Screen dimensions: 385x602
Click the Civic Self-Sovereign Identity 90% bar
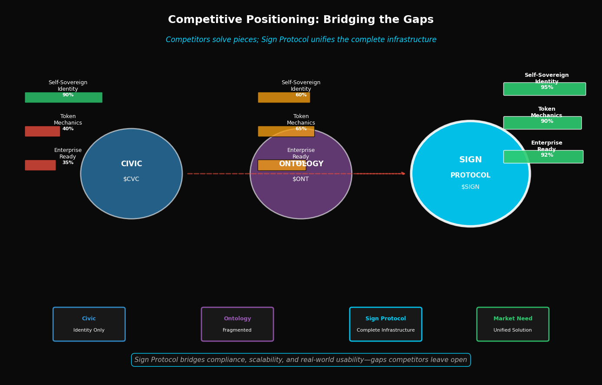click(63, 98)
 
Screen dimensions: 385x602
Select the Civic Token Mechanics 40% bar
click(42, 132)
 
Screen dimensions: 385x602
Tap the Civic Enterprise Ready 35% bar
click(40, 165)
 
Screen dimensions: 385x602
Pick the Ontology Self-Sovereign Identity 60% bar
click(284, 98)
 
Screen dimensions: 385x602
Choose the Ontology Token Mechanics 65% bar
click(286, 132)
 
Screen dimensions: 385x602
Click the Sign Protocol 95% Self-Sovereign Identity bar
click(544, 89)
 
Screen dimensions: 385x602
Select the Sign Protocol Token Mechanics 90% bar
click(542, 123)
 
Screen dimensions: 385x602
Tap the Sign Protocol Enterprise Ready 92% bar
click(543, 157)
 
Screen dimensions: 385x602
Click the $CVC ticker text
click(131, 179)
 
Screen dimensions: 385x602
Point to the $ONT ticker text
click(301, 179)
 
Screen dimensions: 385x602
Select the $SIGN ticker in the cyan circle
click(470, 187)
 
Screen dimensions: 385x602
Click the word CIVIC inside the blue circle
click(131, 164)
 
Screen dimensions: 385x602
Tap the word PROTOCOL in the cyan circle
click(470, 175)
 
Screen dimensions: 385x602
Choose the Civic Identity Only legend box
click(89, 324)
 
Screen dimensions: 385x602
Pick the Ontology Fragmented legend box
click(237, 324)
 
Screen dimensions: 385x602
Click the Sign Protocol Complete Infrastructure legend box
click(385, 324)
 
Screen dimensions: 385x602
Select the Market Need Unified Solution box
click(513, 324)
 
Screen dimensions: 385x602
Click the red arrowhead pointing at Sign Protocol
click(403, 174)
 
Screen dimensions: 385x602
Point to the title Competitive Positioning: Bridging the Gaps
click(301, 20)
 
